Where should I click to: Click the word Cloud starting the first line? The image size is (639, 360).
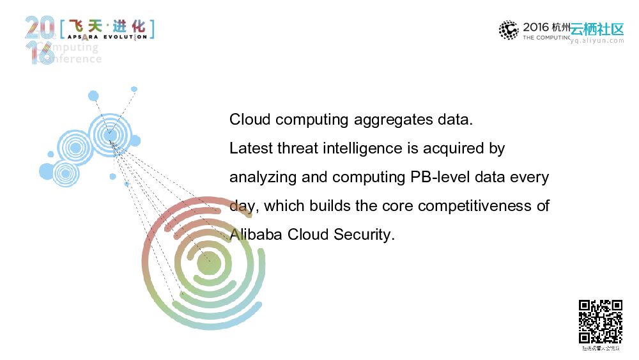tap(250, 120)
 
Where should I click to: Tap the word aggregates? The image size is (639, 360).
tap(389, 120)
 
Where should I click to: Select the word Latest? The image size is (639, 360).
tap(251, 148)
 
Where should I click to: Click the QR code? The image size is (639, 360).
tap(601, 322)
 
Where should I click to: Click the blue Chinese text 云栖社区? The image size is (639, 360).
tap(597, 29)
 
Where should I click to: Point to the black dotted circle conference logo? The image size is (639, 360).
tap(509, 30)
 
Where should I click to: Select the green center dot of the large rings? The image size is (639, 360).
tap(208, 263)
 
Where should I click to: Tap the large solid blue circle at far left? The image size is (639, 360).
tap(47, 171)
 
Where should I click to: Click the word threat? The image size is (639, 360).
tap(298, 148)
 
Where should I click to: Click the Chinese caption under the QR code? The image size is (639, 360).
tap(601, 348)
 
